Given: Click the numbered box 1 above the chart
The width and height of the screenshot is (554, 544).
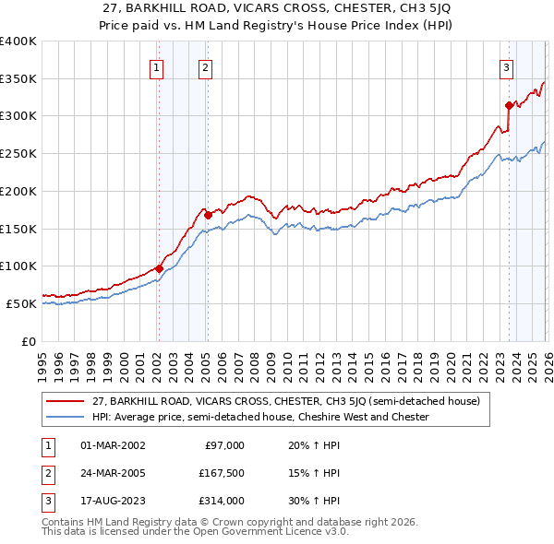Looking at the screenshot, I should click(x=156, y=67).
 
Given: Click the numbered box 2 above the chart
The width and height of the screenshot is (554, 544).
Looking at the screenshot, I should click(x=204, y=67).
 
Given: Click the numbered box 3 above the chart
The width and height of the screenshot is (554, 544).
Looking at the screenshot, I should click(x=507, y=67).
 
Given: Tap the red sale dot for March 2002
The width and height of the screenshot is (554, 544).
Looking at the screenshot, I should click(x=159, y=268).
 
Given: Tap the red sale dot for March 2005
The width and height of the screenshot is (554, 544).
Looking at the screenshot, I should click(x=209, y=216).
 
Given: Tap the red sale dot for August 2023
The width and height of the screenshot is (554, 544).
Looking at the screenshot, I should click(x=509, y=105).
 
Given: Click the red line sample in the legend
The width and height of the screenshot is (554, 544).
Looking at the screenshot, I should click(x=66, y=402).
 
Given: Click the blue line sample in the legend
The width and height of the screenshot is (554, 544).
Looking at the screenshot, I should click(x=66, y=418).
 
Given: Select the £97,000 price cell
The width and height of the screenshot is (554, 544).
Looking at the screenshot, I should click(x=224, y=445).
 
